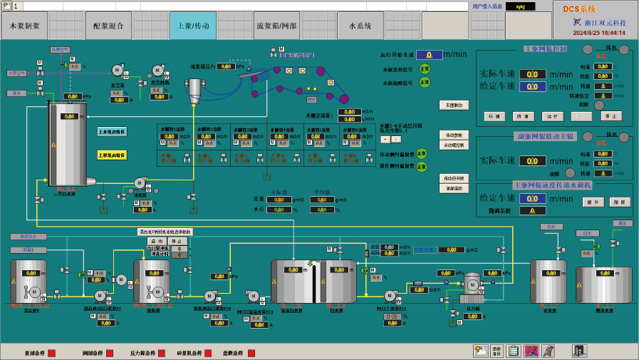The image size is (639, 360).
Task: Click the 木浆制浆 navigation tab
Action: point(25,26)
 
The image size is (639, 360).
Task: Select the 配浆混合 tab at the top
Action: point(108,26)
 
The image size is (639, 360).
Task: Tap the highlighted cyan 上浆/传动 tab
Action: point(192,26)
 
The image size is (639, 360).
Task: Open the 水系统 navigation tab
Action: point(360,26)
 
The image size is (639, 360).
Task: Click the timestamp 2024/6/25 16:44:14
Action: point(599,33)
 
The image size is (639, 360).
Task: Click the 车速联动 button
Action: point(454,105)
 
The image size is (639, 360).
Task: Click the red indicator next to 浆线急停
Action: point(51,353)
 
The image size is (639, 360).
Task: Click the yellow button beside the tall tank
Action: point(111,155)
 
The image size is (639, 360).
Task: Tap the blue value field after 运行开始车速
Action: point(429,54)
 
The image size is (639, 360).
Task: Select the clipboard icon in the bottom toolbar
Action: point(513,350)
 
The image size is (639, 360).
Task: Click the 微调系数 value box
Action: point(532,210)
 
